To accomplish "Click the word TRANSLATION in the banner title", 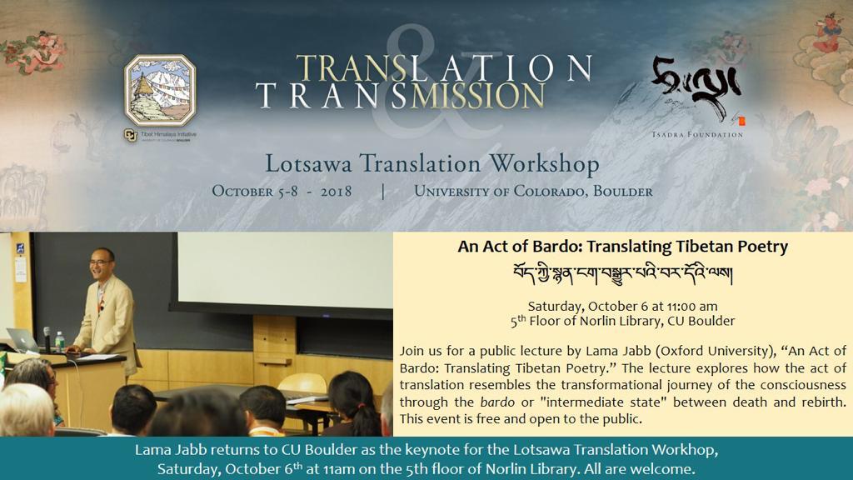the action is coord(443,68).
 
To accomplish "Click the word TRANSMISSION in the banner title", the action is coord(400,96).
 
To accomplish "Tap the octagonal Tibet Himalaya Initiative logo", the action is coord(160,90).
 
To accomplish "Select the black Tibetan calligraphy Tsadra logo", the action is coord(696,87).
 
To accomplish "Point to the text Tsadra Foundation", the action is coord(697,134).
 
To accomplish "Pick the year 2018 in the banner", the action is coord(336,192).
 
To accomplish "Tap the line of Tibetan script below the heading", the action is coord(623,273).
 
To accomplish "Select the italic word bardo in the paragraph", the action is coord(497,402).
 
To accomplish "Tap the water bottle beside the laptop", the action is coord(59,342).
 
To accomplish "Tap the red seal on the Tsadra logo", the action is coord(741,121).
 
